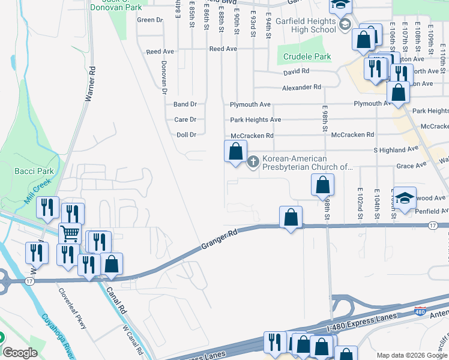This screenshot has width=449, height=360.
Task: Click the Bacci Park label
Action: tap(34, 171)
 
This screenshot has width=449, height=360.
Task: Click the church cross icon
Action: tap(253, 161)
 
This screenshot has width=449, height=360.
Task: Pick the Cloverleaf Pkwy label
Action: tap(72, 308)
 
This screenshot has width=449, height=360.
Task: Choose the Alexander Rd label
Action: tap(302, 87)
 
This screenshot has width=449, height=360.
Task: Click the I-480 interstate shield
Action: tap(421, 311)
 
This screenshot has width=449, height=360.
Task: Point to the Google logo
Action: tap(20, 353)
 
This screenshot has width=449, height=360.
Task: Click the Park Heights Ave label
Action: tap(256, 119)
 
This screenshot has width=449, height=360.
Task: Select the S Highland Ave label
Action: tap(396, 149)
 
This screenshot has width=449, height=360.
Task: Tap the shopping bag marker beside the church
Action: tap(235, 151)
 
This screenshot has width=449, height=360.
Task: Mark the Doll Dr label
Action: tap(186, 135)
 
